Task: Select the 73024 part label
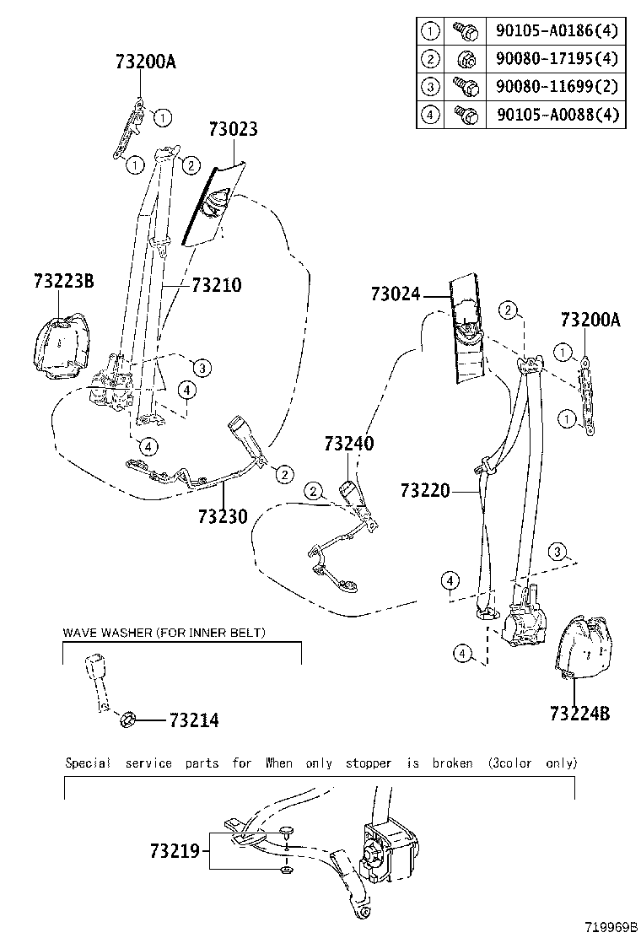tap(395, 294)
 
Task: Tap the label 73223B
tap(64, 281)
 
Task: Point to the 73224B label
tap(579, 714)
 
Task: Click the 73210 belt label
tap(216, 286)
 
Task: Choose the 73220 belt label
tap(426, 490)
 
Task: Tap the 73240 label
tap(349, 444)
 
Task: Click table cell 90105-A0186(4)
tap(558, 31)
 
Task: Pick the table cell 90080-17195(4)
tap(558, 59)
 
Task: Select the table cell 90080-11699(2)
tap(558, 86)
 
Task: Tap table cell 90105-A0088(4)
tap(558, 114)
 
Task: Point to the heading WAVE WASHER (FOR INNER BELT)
tap(166, 633)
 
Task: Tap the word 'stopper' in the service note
tap(369, 763)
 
